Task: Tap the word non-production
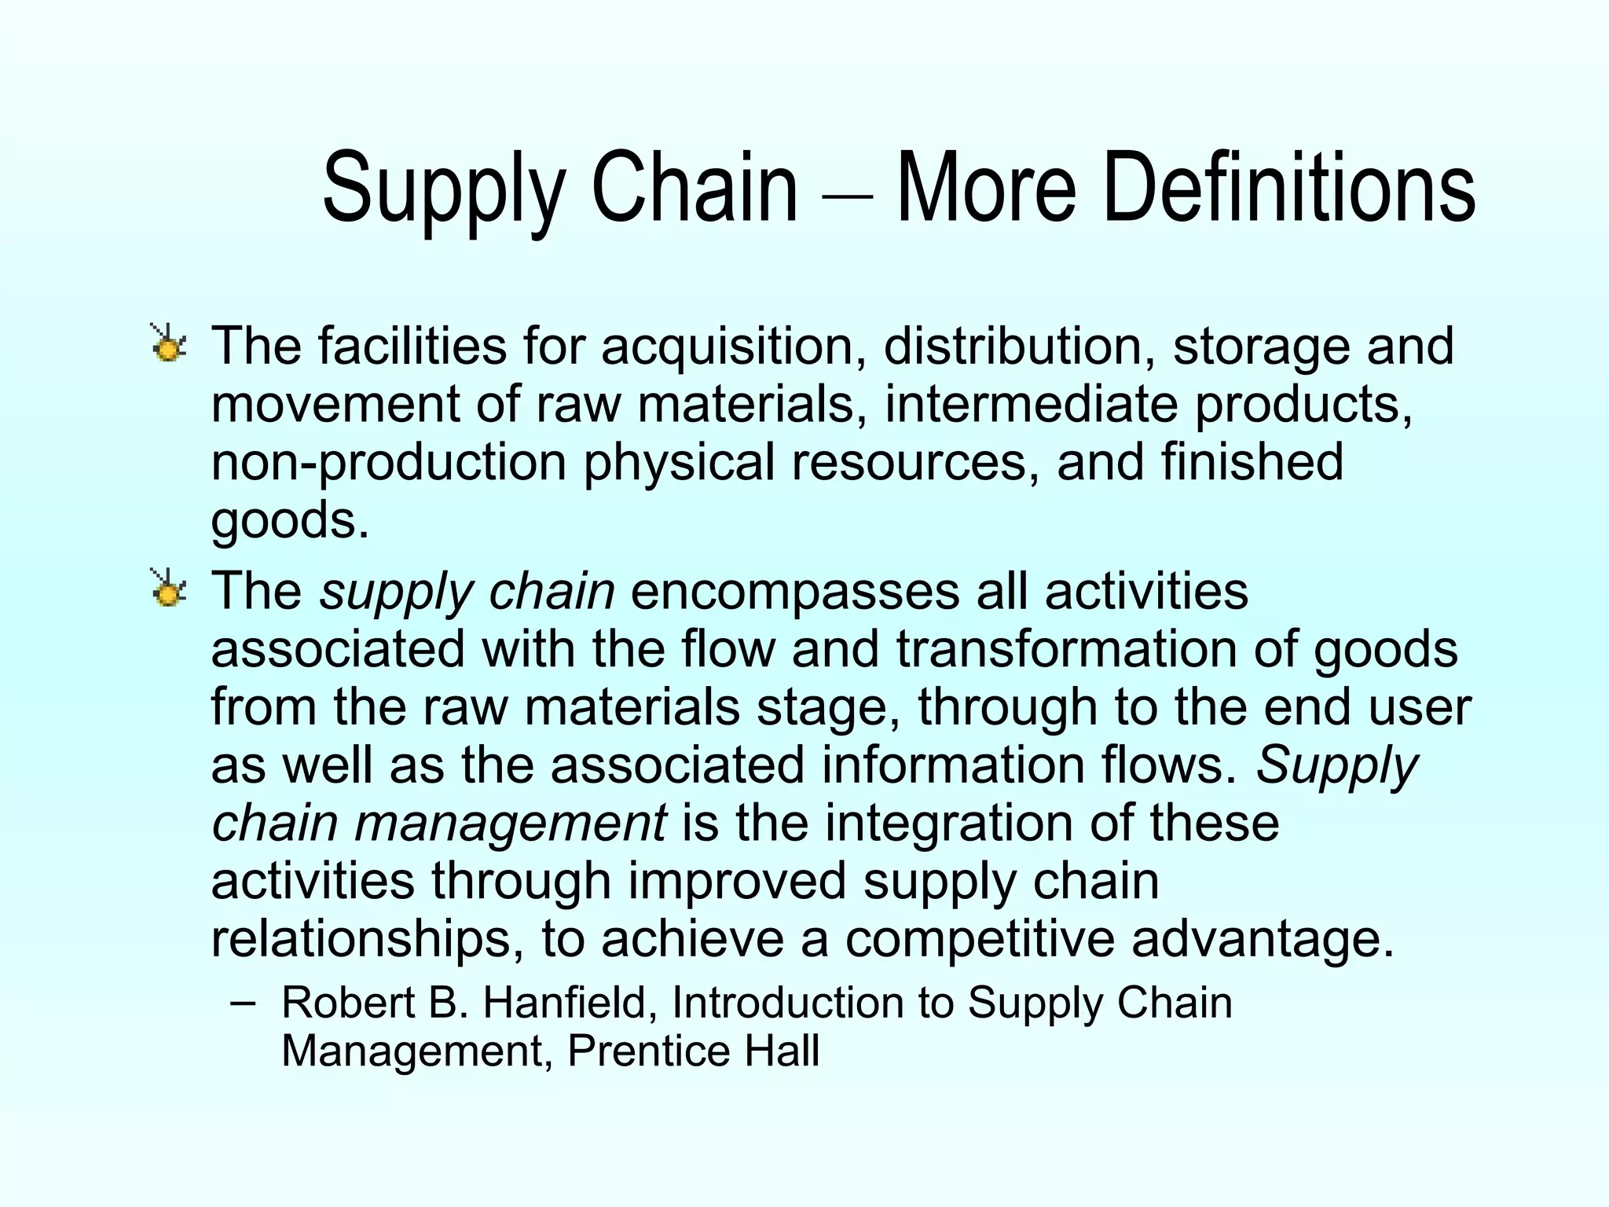[x=389, y=463]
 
